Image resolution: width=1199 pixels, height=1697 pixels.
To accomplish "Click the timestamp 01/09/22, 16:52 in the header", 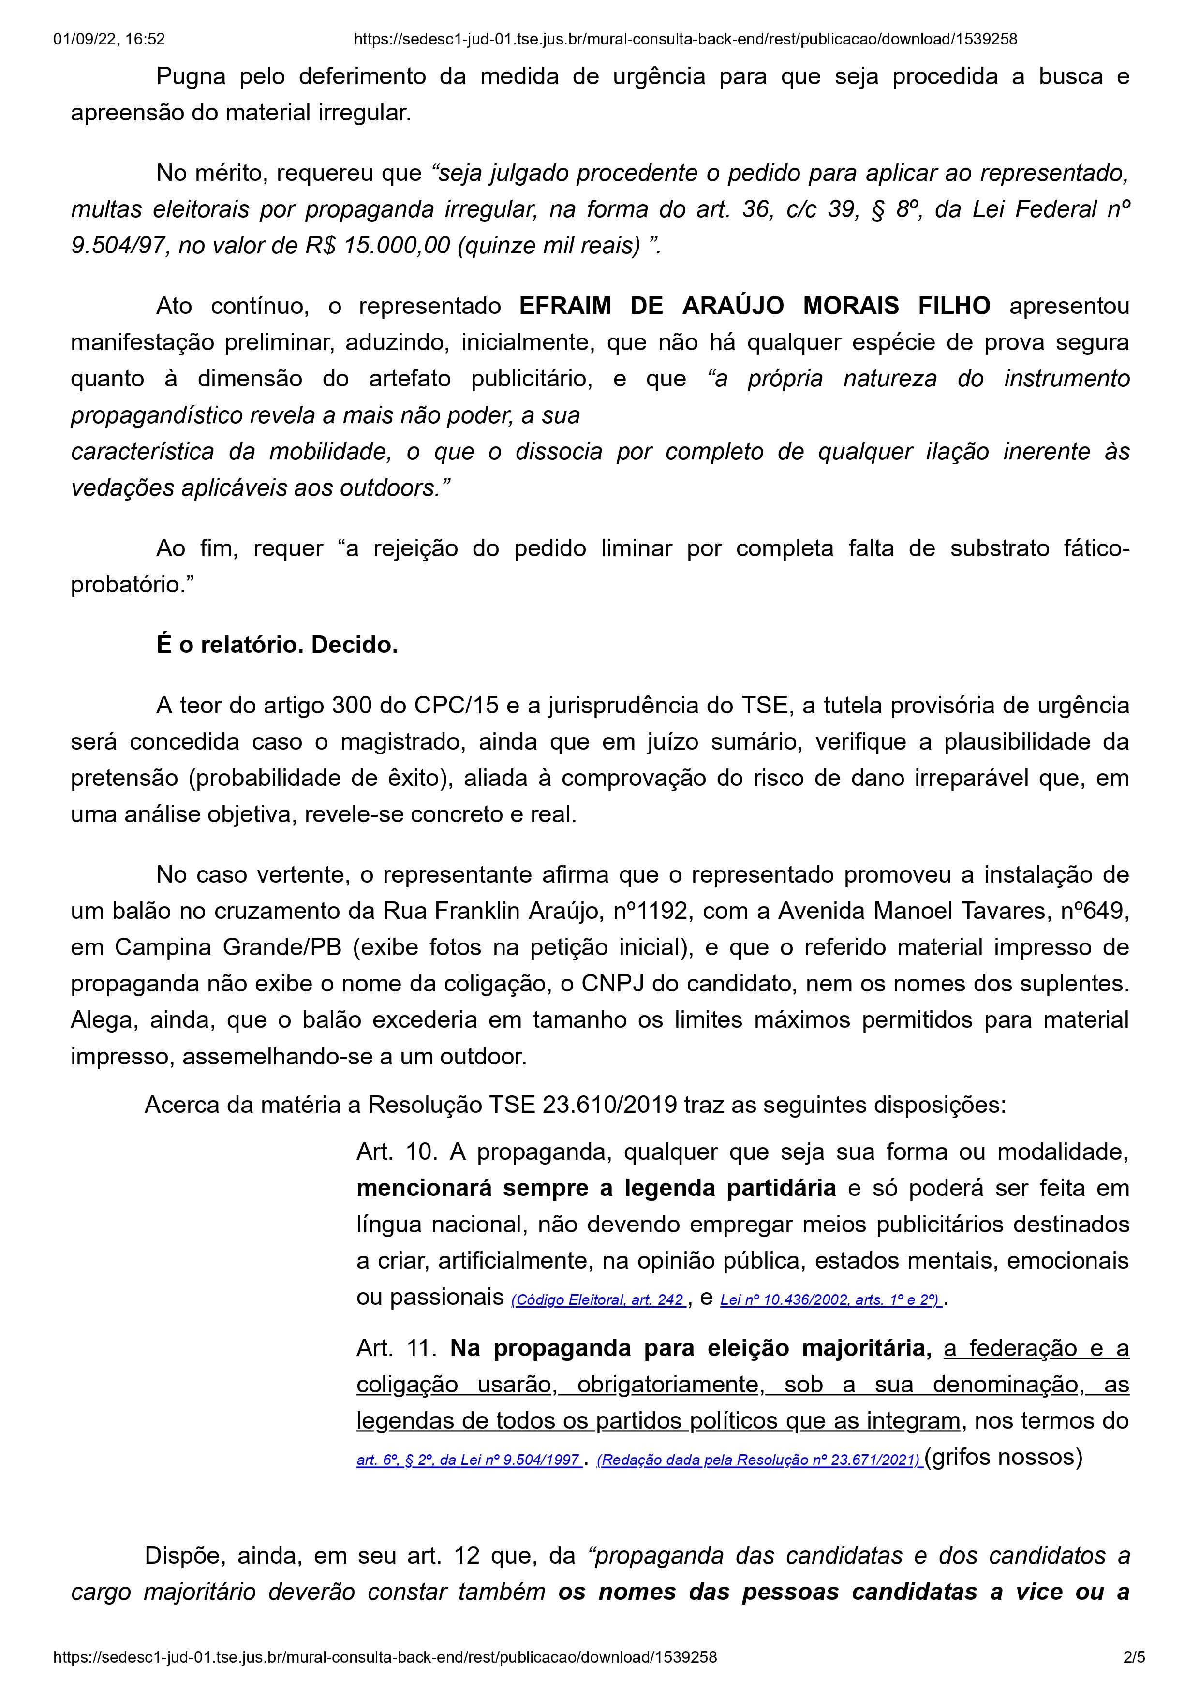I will pos(109,39).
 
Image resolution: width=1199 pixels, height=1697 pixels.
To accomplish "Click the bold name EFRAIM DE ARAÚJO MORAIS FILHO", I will pos(755,306).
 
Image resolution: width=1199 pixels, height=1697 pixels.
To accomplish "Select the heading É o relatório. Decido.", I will pos(277,645).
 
